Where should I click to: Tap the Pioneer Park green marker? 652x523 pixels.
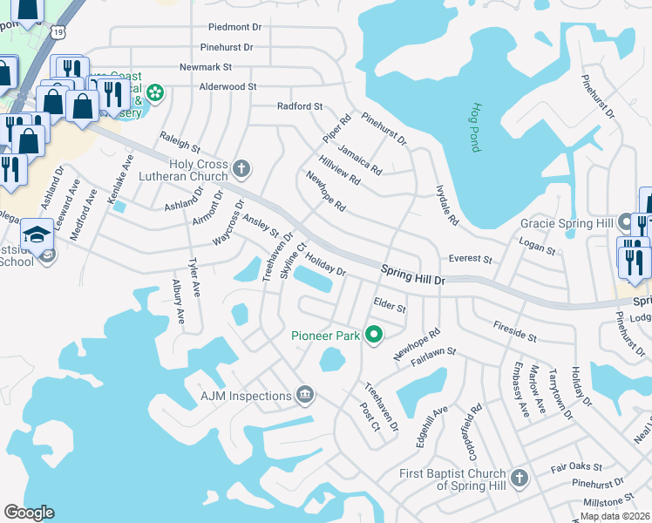375,335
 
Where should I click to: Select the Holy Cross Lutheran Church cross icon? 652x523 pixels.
242,166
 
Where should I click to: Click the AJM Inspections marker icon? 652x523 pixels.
305,396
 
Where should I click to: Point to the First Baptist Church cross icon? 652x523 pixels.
520,478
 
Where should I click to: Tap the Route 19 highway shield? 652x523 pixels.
58,31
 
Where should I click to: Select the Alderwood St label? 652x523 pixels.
228,86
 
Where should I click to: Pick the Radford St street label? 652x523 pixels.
300,106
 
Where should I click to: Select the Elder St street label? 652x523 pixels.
390,306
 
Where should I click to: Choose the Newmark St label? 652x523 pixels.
206,66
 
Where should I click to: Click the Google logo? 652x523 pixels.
29,513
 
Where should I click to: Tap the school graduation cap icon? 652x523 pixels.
37,234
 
